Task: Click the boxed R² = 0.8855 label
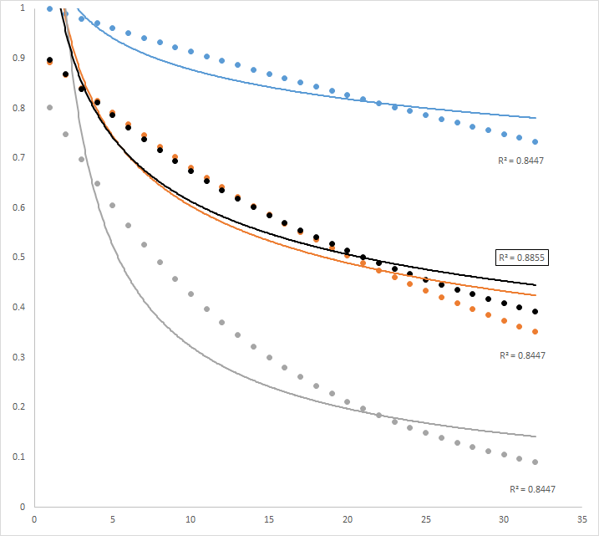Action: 522,258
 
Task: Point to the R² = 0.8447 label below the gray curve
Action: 532,489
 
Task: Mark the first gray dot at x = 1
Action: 50,107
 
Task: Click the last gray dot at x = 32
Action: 535,462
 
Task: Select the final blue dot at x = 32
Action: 535,142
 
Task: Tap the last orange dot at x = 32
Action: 535,332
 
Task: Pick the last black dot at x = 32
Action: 535,312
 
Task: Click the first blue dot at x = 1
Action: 50,9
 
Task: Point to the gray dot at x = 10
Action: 190,294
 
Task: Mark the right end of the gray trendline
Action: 535,436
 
